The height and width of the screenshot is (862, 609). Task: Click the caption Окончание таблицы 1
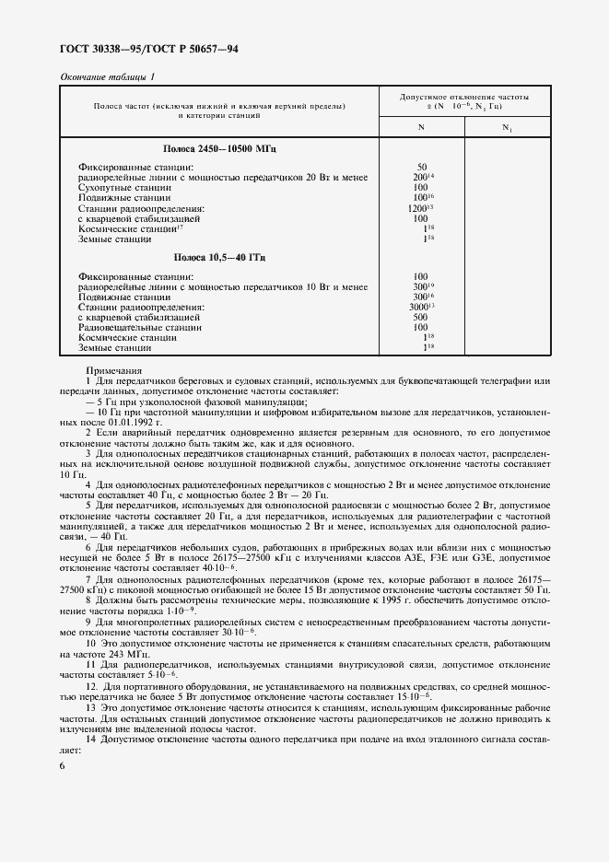tap(108, 76)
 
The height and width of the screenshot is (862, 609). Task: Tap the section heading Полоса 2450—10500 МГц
tap(219, 148)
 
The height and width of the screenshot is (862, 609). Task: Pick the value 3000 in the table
tap(423, 306)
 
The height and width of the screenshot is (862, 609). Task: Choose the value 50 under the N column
tap(421, 166)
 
